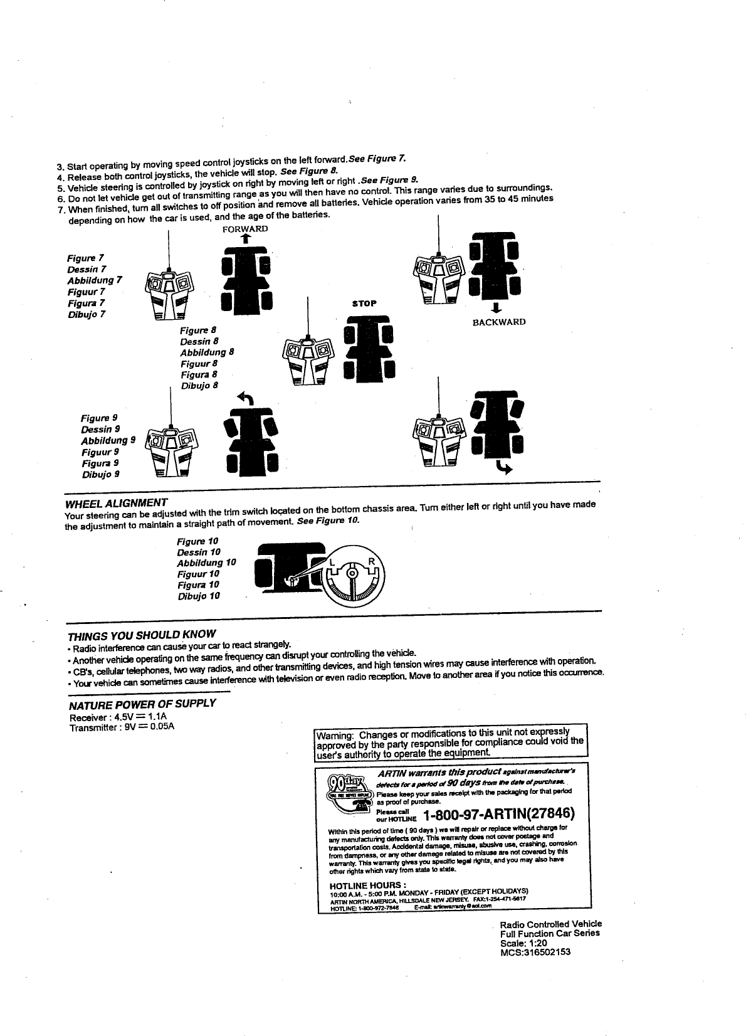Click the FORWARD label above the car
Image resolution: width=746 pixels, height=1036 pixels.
245,229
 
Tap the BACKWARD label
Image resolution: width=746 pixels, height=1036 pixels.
498,322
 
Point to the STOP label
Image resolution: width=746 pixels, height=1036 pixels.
364,304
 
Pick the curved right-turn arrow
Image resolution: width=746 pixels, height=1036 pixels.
502,467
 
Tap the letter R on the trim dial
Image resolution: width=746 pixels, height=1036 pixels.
371,561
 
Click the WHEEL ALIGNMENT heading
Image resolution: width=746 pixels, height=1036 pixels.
116,503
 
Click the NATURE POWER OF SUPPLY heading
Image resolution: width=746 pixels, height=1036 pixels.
142,704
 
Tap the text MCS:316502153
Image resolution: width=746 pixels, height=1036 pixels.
535,952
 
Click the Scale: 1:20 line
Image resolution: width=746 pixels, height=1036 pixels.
523,943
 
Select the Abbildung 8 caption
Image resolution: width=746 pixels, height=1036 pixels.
207,352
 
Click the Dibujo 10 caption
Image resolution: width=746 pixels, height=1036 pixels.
199,596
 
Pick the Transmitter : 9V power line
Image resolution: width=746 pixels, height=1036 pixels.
122,727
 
